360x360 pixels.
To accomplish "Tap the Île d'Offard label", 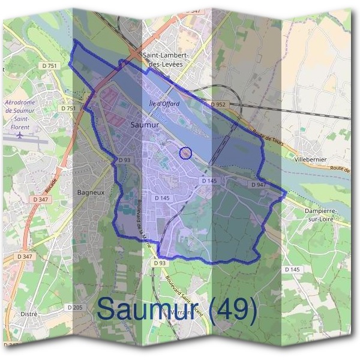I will [164, 104].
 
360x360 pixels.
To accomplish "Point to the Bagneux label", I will [91, 193].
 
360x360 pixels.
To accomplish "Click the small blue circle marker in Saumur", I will [186, 154].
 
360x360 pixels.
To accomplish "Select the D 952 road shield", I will [218, 105].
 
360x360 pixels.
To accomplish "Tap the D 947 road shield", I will [258, 185].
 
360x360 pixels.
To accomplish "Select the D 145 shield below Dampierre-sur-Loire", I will [292, 269].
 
